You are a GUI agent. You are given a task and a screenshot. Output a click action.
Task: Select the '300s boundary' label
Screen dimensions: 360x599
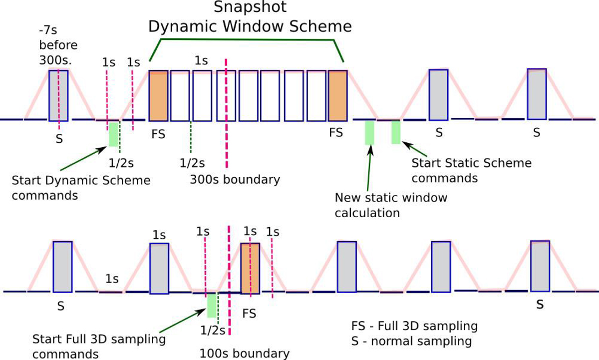(x=235, y=179)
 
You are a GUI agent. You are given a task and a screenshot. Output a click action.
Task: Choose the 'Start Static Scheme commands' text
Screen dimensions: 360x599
(x=471, y=171)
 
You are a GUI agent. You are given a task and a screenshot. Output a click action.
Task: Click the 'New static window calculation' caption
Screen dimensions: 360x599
(x=391, y=205)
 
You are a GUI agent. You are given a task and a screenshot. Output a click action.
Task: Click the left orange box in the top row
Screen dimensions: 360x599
(x=158, y=95)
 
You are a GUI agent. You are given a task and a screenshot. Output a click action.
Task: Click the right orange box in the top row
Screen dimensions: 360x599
(x=337, y=95)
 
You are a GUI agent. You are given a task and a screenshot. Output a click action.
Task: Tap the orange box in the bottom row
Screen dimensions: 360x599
(x=250, y=268)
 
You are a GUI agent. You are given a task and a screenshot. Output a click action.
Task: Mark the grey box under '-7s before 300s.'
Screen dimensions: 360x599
(x=58, y=95)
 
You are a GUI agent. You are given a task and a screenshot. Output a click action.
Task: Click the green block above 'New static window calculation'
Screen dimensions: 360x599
(x=369, y=132)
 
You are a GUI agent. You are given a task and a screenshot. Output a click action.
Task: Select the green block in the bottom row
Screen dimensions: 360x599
(x=212, y=305)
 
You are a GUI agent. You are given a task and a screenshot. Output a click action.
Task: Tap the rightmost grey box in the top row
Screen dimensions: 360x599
(x=537, y=94)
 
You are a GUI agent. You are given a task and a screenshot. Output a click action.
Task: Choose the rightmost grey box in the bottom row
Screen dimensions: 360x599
(x=540, y=266)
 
